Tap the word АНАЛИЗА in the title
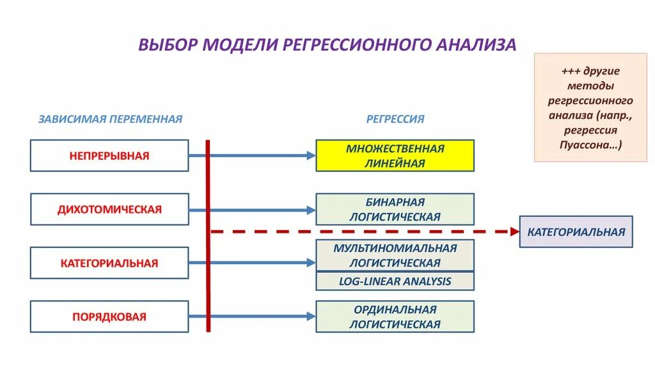click(476, 45)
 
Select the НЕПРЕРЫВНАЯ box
click(109, 155)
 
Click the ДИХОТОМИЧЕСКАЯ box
click(109, 209)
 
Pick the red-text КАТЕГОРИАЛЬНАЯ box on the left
click(109, 263)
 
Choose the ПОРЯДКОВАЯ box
click(109, 316)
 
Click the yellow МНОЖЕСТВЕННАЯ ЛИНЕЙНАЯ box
click(395, 155)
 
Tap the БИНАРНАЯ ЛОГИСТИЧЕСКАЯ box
click(395, 209)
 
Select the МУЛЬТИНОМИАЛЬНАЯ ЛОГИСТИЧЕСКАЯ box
click(395, 255)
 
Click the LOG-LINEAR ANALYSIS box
click(395, 281)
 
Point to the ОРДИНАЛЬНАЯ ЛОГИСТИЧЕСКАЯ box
click(395, 316)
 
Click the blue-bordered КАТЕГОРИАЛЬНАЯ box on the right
click(576, 231)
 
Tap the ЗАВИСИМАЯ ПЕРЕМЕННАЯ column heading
click(110, 119)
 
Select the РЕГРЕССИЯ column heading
click(395, 119)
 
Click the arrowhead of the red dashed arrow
click(514, 231)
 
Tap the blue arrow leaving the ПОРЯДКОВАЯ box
click(256, 316)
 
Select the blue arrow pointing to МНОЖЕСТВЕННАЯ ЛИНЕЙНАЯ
click(256, 155)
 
